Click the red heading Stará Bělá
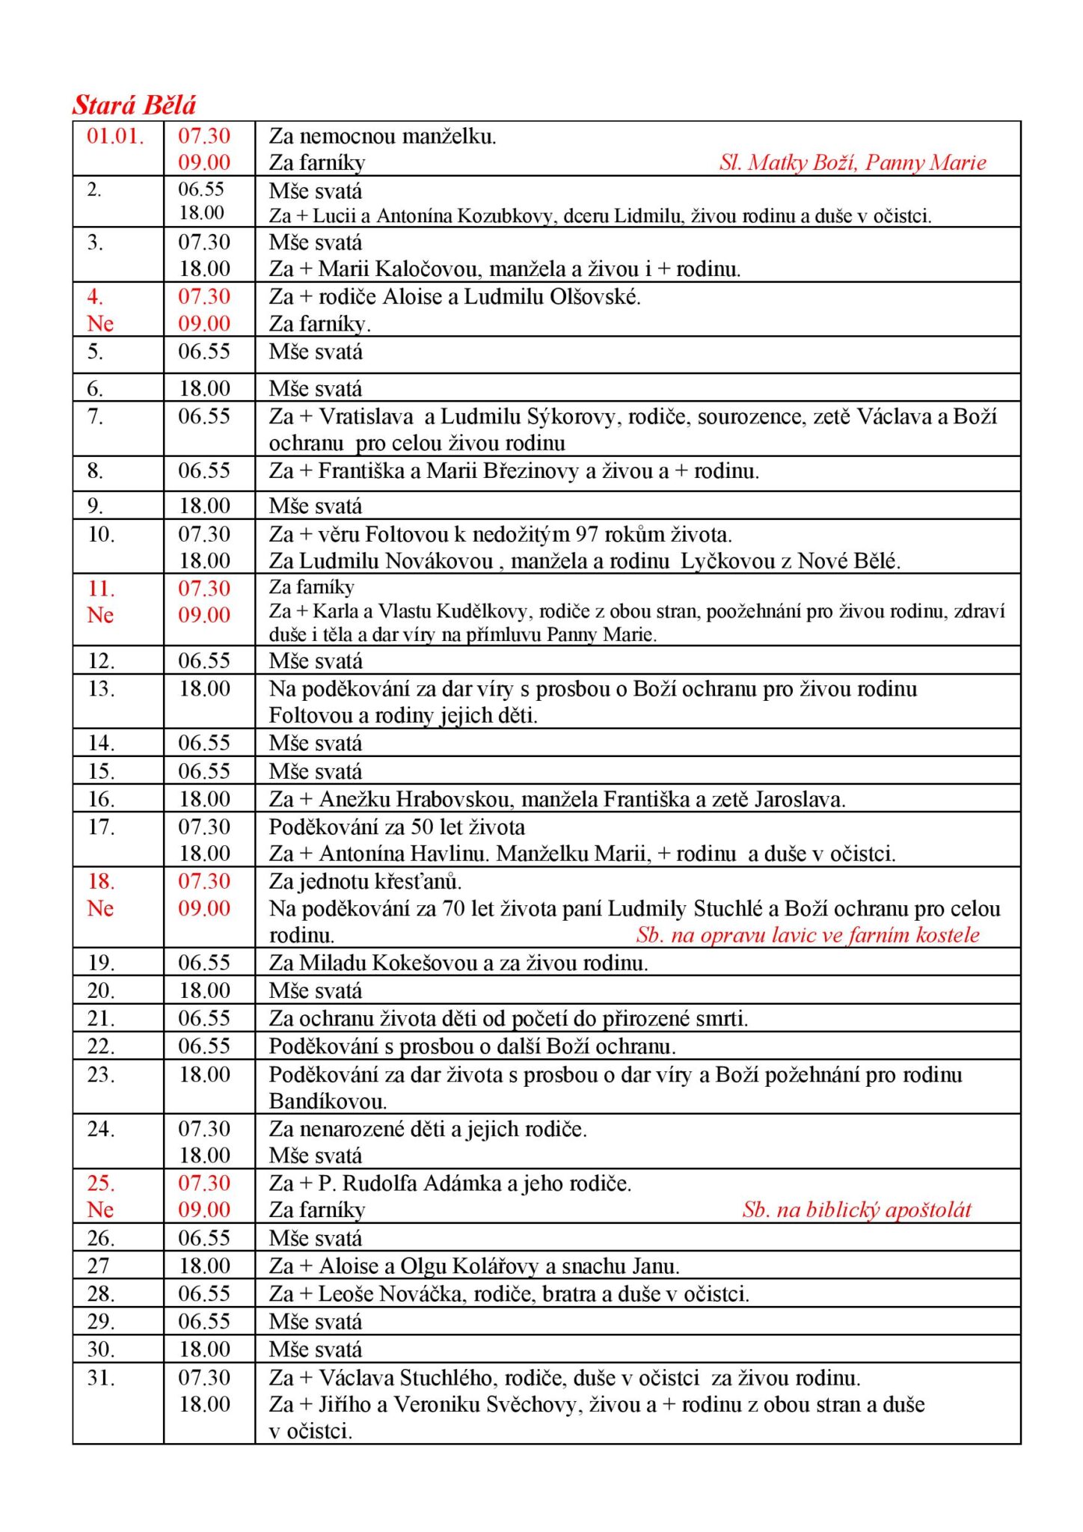pos(134,105)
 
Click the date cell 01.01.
pos(115,136)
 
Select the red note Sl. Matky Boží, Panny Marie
pos(853,162)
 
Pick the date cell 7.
pos(95,417)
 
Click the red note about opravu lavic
pos(808,935)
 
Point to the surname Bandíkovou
pos(328,1102)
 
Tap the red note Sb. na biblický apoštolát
pos(857,1210)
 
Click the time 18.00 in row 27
pos(204,1266)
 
